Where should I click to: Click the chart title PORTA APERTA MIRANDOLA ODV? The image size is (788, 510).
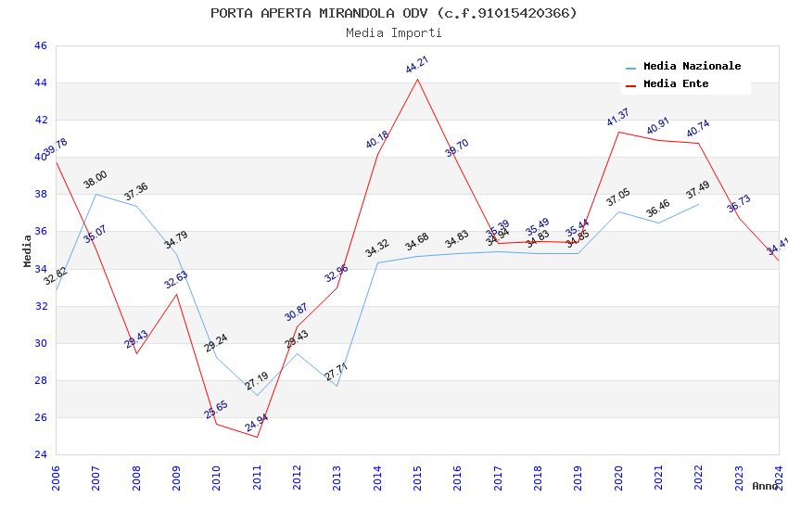coord(393,13)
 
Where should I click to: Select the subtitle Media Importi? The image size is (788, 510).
coord(393,33)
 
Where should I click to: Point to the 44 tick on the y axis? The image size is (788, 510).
coord(40,83)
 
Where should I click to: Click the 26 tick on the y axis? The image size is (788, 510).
coord(40,417)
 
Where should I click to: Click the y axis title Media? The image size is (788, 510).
coord(28,250)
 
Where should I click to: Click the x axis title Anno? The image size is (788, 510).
coord(765,486)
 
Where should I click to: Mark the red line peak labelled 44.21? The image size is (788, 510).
coord(417,79)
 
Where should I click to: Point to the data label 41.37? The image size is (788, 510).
coord(618,118)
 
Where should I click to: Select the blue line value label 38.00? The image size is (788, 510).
coord(95,180)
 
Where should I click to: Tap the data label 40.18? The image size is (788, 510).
coord(377,140)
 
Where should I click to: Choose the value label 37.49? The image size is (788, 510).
coord(698,190)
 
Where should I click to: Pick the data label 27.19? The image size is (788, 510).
coord(257,381)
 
